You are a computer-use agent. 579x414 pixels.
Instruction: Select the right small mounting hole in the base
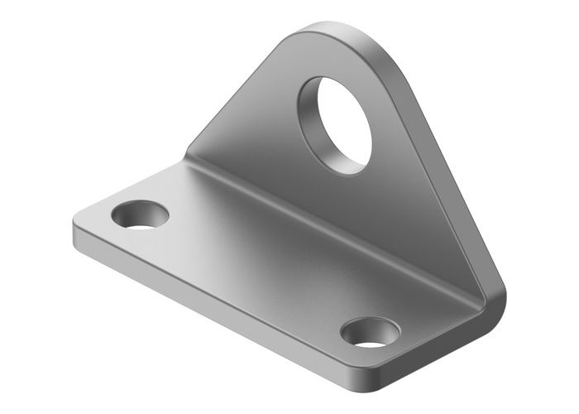point(370,333)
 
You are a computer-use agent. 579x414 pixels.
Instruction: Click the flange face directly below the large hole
point(364,207)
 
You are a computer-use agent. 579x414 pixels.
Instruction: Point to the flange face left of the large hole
point(265,132)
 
